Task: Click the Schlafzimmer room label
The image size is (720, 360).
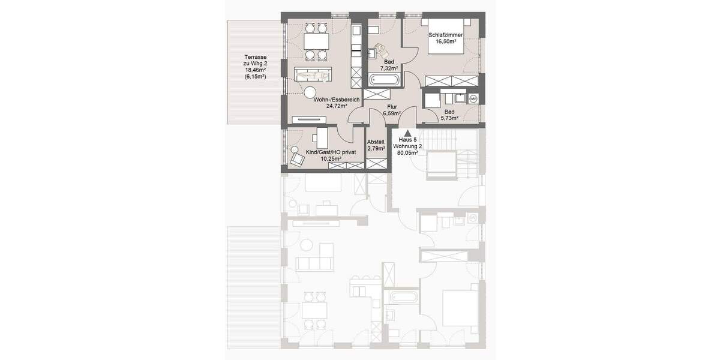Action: pos(445,35)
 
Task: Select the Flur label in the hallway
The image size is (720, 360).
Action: pos(392,107)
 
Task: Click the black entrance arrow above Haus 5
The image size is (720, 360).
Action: pos(407,133)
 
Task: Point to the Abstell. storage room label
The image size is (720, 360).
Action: pos(376,142)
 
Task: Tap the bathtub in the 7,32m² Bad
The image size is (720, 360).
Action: pos(384,80)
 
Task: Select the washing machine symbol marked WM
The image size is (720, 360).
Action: pos(473,98)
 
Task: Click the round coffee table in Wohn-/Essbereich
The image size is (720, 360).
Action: pos(310,92)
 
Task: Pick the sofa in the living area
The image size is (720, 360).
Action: pos(311,74)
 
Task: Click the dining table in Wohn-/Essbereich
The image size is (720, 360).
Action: pos(316,41)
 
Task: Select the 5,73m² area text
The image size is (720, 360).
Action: pos(449,119)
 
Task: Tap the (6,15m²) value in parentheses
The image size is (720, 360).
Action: pos(255,77)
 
